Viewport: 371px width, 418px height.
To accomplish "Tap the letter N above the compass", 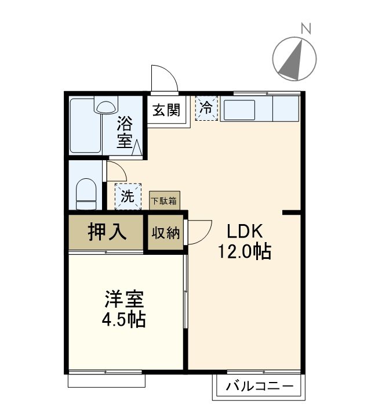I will tap(306, 27).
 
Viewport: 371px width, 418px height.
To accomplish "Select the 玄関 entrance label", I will tap(166, 110).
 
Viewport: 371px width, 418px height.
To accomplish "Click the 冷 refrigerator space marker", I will tap(206, 107).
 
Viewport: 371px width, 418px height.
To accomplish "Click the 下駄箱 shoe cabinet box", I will tap(165, 201).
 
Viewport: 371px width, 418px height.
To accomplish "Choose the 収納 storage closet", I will tap(166, 233).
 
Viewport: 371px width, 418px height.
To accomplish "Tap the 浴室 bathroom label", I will tap(124, 132).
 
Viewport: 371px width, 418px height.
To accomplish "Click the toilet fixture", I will tap(86, 193).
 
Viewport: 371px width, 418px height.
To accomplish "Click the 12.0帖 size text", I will tap(245, 252).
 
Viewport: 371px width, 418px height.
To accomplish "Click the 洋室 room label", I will tap(123, 300).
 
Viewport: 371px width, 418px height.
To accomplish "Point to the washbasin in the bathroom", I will tap(106, 107).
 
